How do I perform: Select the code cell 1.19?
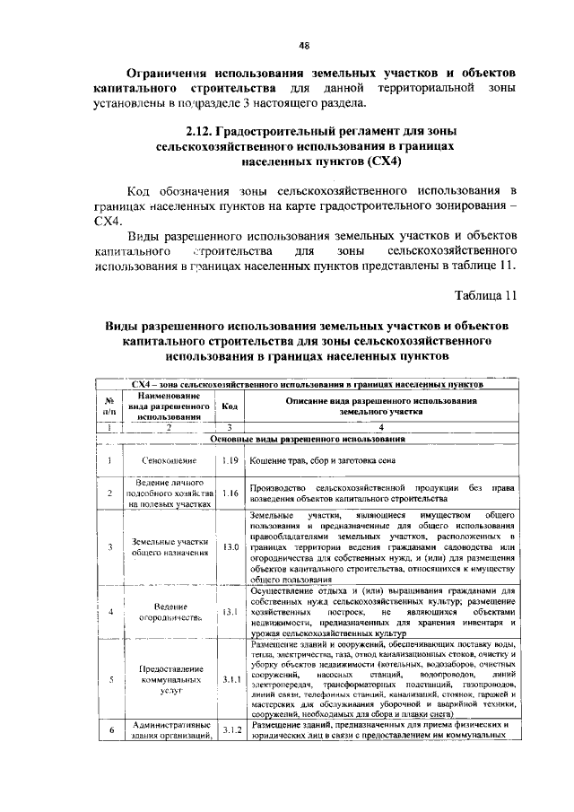pyautogui.click(x=230, y=461)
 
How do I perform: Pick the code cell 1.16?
pyautogui.click(x=230, y=493)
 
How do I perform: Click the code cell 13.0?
pyautogui.click(x=230, y=546)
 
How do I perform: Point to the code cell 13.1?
pyautogui.click(x=230, y=611)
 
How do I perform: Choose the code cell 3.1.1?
pyautogui.click(x=230, y=679)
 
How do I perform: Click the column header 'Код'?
pyautogui.click(x=230, y=406)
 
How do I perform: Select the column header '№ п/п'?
pyautogui.click(x=108, y=406)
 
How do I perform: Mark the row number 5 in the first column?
pyautogui.click(x=108, y=679)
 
